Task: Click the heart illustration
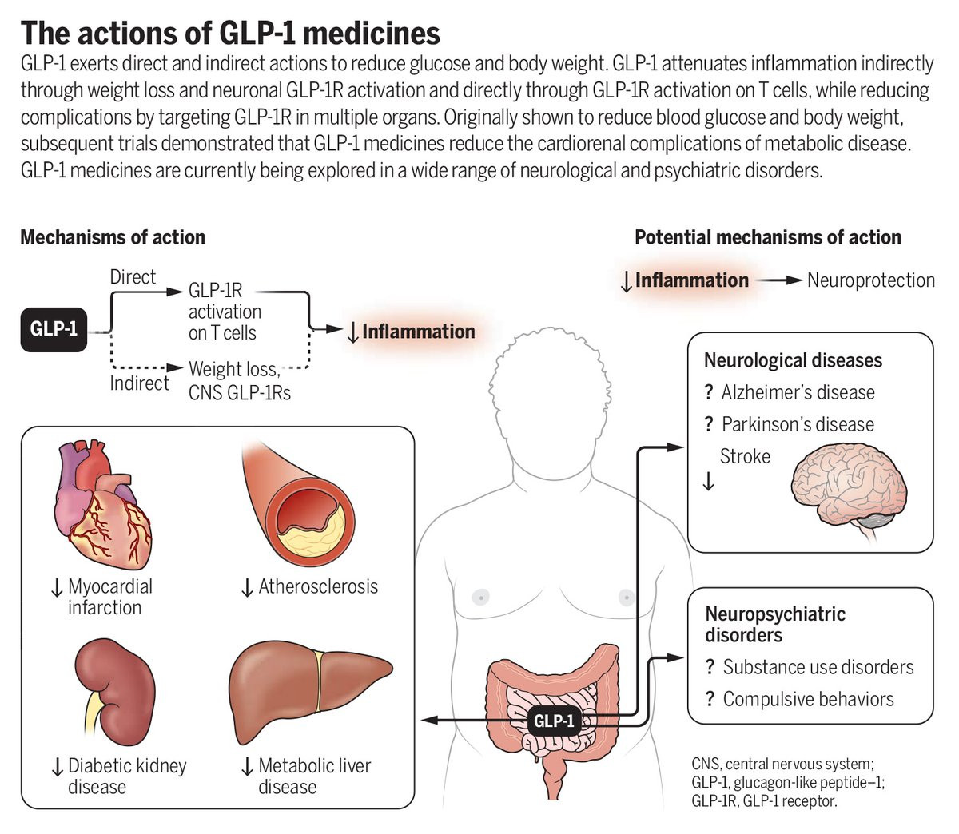pos(103,505)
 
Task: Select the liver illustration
pos(310,691)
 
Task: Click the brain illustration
pos(849,491)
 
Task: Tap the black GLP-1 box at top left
pos(54,329)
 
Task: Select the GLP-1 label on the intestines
pos(554,720)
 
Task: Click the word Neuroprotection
pos(871,280)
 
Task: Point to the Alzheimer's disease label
pos(798,392)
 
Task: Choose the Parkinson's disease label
pos(798,424)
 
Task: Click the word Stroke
pos(745,456)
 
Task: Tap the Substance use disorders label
pos(818,667)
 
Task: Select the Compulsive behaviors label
pos(809,698)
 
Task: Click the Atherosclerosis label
pos(318,586)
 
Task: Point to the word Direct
pos(133,277)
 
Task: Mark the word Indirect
pos(139,383)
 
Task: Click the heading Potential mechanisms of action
pos(768,237)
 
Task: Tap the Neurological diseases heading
pos(793,360)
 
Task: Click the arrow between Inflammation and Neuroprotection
pos(779,280)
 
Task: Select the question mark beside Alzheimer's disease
pos(709,391)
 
